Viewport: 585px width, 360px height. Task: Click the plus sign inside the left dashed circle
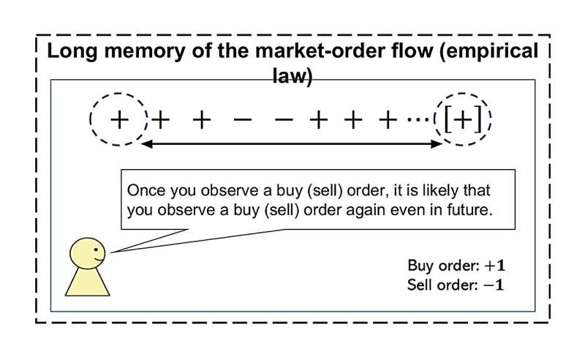pos(118,119)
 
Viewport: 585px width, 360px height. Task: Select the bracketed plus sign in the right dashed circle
pos(463,119)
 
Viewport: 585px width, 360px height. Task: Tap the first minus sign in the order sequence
pos(239,119)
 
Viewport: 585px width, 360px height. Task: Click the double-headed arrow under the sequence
pos(292,144)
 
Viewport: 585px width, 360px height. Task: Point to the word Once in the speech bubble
pos(144,190)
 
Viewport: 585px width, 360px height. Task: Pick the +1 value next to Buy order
pos(489,266)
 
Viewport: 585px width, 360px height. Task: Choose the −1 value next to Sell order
pos(489,283)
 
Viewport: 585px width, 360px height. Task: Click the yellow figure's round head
pos(88,253)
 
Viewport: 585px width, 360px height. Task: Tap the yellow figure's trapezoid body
pos(88,282)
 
